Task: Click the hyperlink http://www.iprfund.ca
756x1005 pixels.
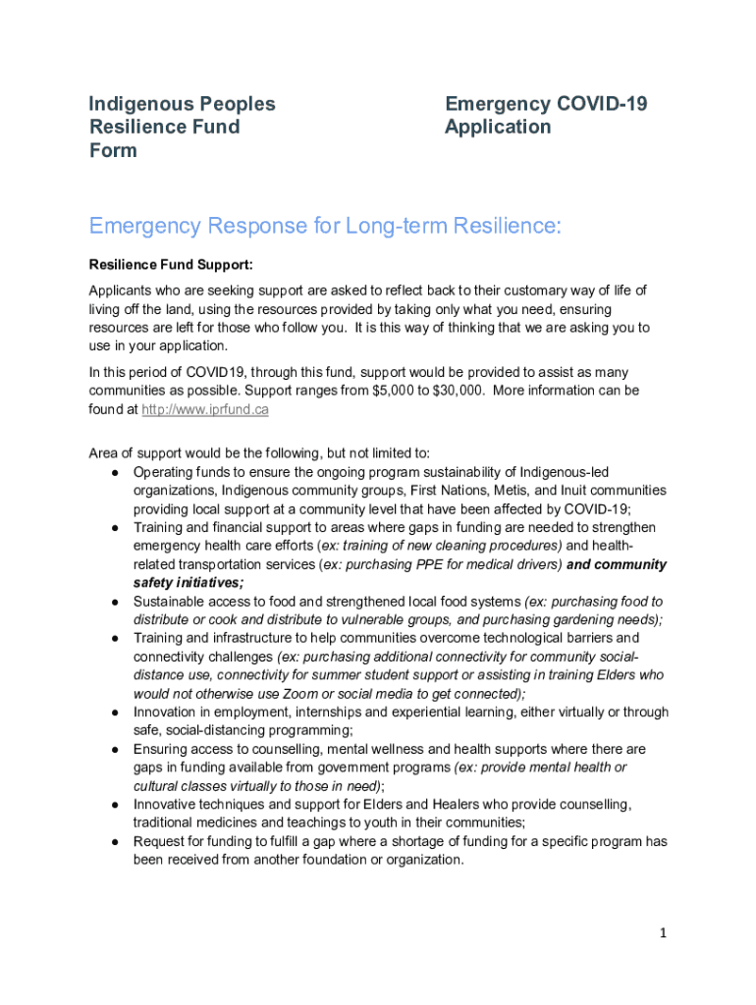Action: [x=205, y=409]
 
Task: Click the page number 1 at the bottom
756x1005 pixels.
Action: [x=663, y=933]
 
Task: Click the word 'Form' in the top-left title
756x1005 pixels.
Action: [x=113, y=150]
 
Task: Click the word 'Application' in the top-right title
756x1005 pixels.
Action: [x=498, y=127]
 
